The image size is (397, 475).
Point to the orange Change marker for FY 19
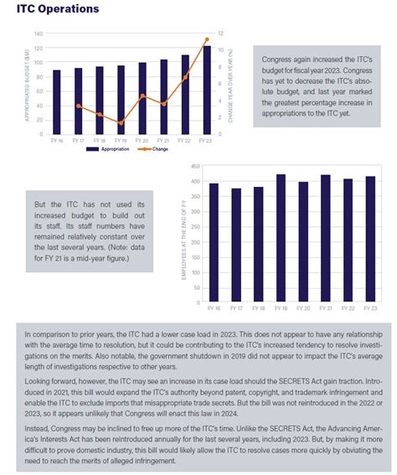click(x=121, y=123)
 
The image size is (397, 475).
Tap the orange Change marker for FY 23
click(x=206, y=39)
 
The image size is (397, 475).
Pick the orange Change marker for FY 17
click(x=78, y=106)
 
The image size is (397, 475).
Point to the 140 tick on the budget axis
click(x=38, y=34)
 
